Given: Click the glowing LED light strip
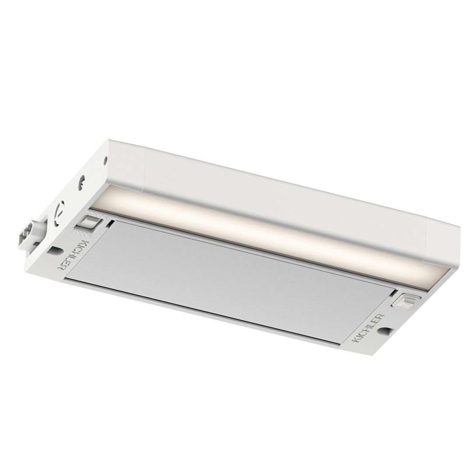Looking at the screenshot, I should [x=263, y=232].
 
